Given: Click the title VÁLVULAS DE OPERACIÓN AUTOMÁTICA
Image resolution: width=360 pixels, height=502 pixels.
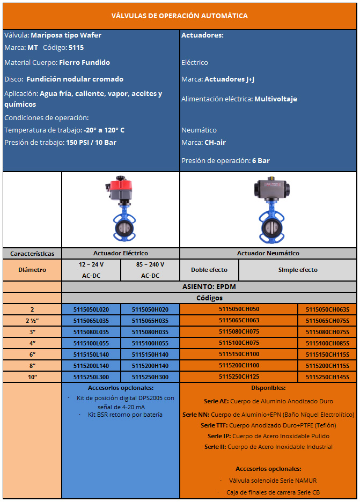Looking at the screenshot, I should pyautogui.click(x=180, y=16).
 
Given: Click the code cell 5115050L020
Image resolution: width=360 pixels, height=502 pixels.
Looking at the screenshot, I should pyautogui.click(x=91, y=309).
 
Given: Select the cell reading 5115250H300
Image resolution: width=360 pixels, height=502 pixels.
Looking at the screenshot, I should pyautogui.click(x=150, y=377).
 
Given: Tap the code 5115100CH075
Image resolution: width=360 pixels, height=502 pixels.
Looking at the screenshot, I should pyautogui.click(x=239, y=343).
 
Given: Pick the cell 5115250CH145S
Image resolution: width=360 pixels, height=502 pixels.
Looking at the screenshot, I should pyautogui.click(x=327, y=377).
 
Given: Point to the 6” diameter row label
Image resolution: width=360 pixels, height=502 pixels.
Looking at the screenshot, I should pyautogui.click(x=32, y=355).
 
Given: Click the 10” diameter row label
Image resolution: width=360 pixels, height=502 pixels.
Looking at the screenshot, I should pyautogui.click(x=32, y=377).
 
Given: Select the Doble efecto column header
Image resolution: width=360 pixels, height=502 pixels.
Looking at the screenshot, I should pyautogui.click(x=209, y=270).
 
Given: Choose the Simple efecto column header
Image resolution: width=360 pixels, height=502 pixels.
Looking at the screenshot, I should pyautogui.click(x=298, y=270).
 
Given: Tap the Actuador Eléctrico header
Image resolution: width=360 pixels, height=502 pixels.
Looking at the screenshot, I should pyautogui.click(x=121, y=253).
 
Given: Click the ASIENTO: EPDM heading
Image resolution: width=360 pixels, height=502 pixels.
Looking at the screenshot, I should pyautogui.click(x=209, y=287).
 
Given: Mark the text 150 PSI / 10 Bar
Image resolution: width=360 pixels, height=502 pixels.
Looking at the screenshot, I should pyautogui.click(x=91, y=143).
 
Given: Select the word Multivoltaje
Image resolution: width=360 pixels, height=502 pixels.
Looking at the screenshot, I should pyautogui.click(x=276, y=99).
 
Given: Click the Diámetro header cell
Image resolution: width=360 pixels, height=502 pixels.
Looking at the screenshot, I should pyautogui.click(x=32, y=270).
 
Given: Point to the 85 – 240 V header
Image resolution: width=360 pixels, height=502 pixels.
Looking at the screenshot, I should pyautogui.click(x=150, y=264).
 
